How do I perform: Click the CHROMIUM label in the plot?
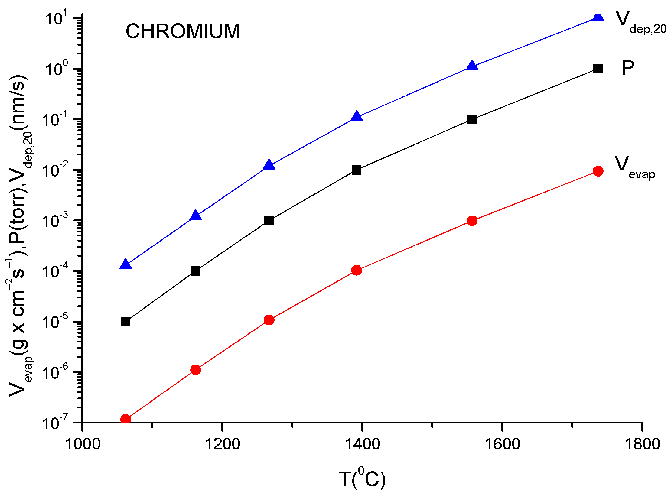pyautogui.click(x=183, y=31)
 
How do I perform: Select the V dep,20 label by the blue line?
pyautogui.click(x=640, y=22)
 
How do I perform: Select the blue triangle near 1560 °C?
pyautogui.click(x=472, y=66)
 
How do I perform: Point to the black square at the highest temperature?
pyautogui.click(x=598, y=69)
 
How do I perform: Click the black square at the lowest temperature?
pyautogui.click(x=125, y=322)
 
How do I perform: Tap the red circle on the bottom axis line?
pyautogui.click(x=125, y=419)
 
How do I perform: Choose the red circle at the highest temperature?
pyautogui.click(x=598, y=171)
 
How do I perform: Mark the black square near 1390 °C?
pyautogui.click(x=357, y=170)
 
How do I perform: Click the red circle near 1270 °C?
pyautogui.click(x=269, y=320)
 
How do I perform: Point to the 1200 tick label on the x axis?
pyautogui.click(x=222, y=444)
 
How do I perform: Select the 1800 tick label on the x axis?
pyautogui.click(x=642, y=444)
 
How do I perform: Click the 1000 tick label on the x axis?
pyautogui.click(x=83, y=444)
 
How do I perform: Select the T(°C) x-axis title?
pyautogui.click(x=362, y=478)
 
